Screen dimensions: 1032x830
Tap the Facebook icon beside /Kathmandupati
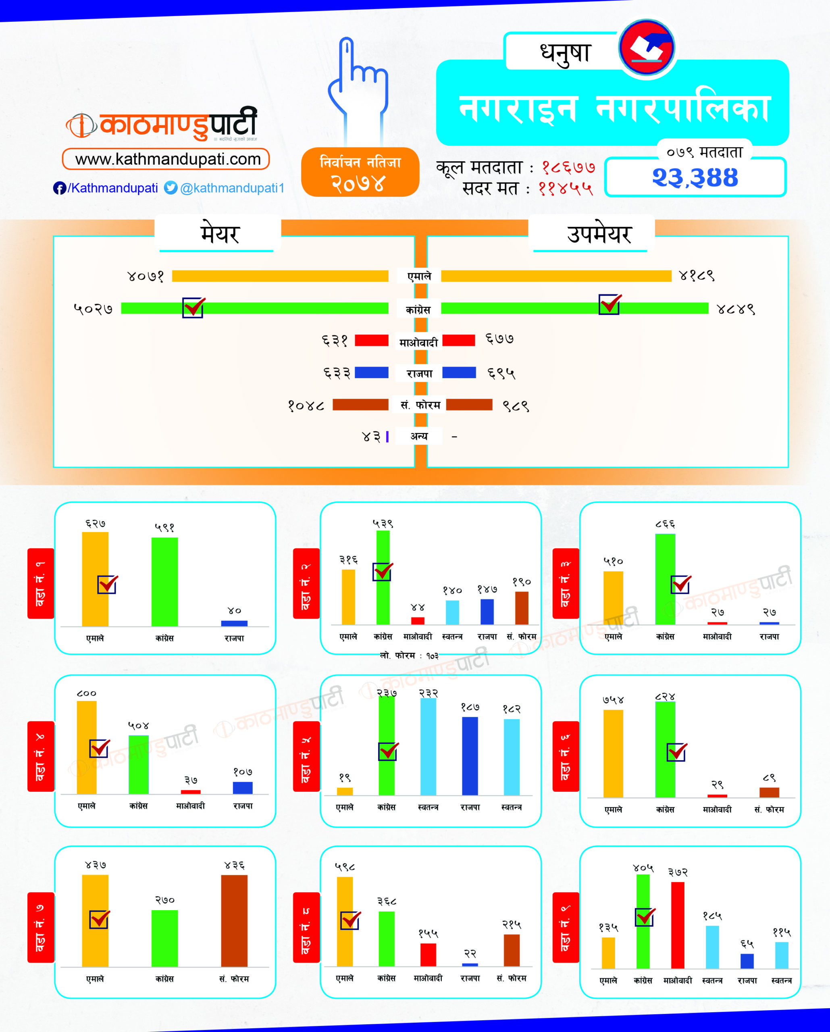59,188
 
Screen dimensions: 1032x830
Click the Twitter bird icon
171,187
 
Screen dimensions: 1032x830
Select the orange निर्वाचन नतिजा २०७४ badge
360,172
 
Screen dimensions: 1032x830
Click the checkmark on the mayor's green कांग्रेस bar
193,307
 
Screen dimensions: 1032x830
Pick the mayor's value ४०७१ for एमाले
146,276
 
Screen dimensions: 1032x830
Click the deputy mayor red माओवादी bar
459,340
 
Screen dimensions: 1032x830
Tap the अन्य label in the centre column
419,436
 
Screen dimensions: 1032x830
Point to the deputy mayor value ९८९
516,406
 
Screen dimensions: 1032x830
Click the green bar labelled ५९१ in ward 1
164,582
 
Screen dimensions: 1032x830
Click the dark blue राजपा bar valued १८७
470,756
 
